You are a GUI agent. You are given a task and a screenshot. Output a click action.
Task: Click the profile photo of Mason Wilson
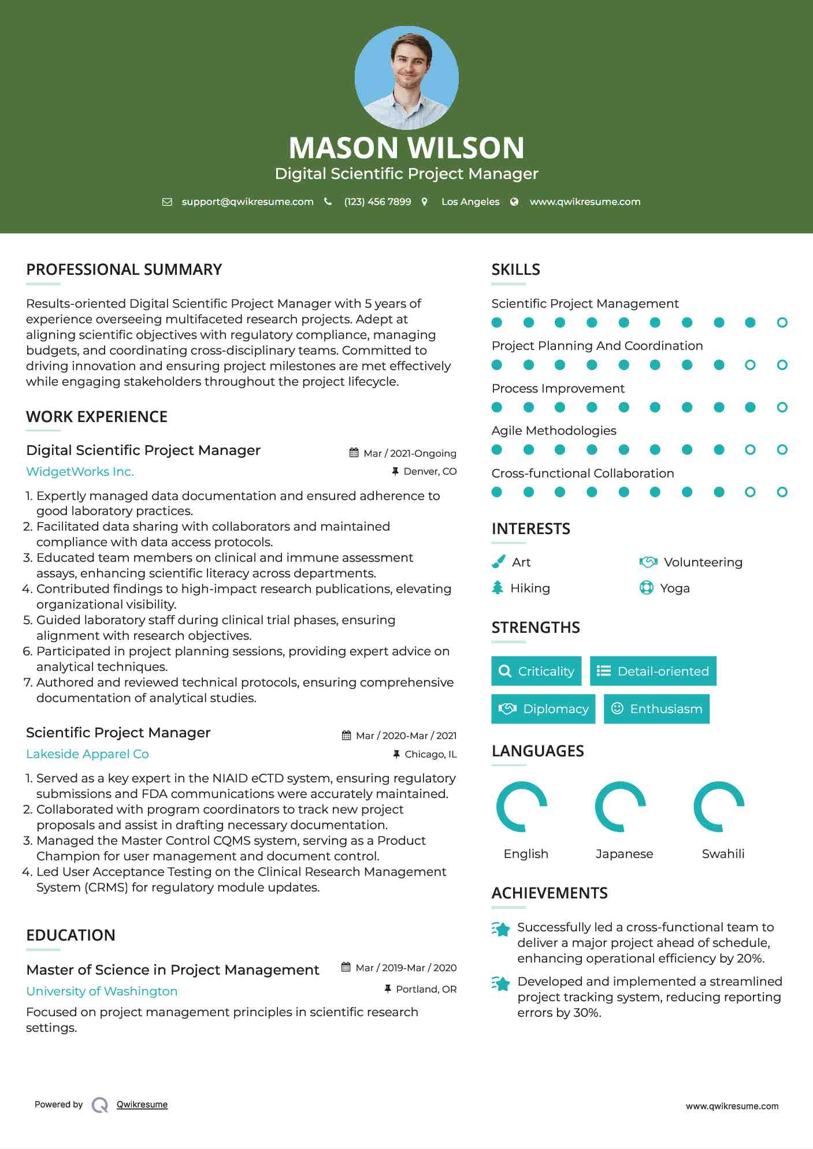[x=406, y=77]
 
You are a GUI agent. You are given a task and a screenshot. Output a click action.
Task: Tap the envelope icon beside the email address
[x=167, y=202]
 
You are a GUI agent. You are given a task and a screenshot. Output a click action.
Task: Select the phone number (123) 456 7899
[x=377, y=202]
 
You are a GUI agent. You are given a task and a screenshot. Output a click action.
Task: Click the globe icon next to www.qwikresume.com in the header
[x=514, y=202]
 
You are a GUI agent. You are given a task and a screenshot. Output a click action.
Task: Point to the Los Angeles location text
[x=470, y=202]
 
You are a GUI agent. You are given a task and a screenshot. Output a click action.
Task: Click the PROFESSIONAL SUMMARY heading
[x=124, y=270]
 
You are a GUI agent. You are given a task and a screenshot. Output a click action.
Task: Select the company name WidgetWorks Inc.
[x=80, y=472]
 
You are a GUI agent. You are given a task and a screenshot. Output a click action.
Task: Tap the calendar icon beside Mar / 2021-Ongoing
[x=354, y=453]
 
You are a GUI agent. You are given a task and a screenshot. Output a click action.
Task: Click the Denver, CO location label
[x=429, y=472]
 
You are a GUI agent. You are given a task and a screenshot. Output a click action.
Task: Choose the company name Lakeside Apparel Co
[x=87, y=754]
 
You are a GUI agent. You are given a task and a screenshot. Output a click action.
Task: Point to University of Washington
[x=102, y=991]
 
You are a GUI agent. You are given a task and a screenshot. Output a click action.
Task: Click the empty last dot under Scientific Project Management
[x=782, y=323]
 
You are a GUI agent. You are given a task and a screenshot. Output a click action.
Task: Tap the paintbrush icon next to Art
[x=498, y=562]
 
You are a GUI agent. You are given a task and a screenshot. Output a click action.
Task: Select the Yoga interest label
[x=674, y=588]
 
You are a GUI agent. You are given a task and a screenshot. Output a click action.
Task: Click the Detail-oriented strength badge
[x=653, y=671]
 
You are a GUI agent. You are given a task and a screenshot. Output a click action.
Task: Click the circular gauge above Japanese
[x=621, y=807]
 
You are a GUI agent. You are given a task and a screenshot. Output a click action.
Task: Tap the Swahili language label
[x=723, y=854]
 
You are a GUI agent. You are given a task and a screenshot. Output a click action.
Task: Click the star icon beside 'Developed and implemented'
[x=500, y=983]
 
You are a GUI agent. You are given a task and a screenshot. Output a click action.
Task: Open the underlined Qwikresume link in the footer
[x=142, y=1105]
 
